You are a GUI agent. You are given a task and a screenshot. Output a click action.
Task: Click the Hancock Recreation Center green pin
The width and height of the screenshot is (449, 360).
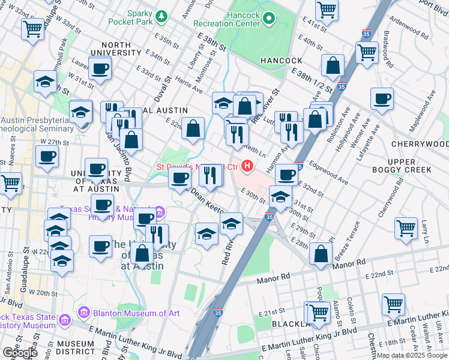coord(268,19)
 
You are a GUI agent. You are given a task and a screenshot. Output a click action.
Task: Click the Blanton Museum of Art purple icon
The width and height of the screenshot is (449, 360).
coord(83,313)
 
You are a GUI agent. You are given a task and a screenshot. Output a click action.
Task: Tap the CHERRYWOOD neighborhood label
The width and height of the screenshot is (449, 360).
coord(419,144)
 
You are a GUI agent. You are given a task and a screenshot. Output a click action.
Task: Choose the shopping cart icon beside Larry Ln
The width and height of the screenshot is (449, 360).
coord(406,228)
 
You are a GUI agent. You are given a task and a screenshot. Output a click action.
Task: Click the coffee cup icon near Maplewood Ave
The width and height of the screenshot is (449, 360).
coord(381,98)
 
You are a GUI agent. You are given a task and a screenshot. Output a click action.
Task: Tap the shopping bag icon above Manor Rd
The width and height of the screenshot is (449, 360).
coord(321,253)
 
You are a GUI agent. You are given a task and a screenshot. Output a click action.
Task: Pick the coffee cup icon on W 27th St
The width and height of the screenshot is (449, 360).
coord(47,157)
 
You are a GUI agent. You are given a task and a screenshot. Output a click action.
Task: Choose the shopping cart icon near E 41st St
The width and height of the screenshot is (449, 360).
coord(327,10)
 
